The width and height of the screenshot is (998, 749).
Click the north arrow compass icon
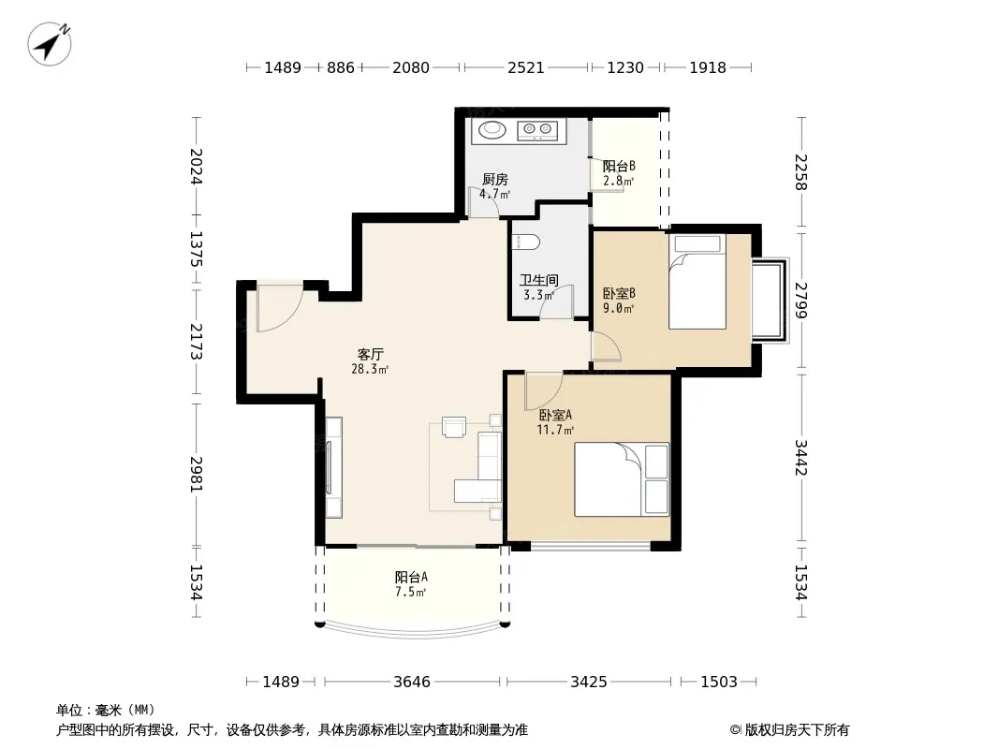tap(49, 43)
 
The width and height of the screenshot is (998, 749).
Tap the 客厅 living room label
tap(370, 354)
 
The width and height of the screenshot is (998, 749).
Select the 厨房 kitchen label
tap(494, 180)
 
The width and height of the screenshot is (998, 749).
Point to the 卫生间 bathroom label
tap(539, 280)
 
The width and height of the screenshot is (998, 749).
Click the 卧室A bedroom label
tap(556, 416)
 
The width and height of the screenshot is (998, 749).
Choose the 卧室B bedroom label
tap(619, 294)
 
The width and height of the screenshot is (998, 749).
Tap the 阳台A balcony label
tap(411, 577)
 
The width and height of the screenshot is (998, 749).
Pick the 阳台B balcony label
tap(619, 166)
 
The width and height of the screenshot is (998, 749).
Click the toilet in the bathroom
tap(526, 242)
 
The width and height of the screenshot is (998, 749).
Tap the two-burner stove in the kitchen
tap(537, 130)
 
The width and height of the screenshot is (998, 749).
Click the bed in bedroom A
tap(622, 479)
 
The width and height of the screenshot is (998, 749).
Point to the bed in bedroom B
tap(697, 282)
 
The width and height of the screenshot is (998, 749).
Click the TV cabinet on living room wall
tap(333, 467)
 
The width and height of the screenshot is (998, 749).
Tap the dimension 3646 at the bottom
tap(412, 682)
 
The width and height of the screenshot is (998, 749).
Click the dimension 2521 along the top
tap(526, 67)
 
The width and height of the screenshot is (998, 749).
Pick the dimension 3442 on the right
tap(801, 458)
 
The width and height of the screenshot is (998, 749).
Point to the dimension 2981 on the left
tap(196, 474)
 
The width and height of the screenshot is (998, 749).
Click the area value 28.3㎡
tap(370, 369)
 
